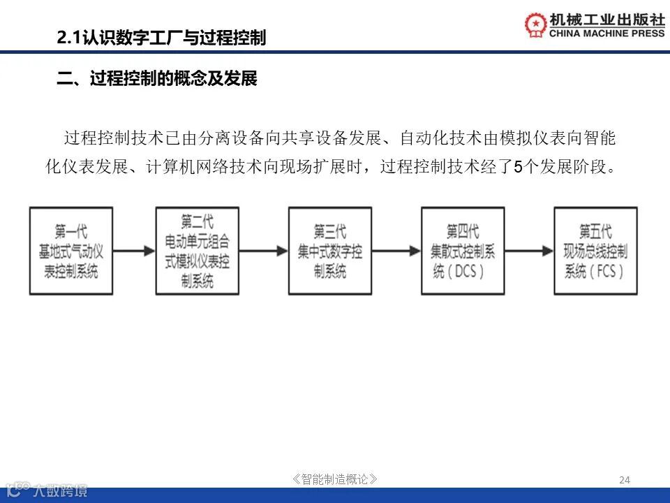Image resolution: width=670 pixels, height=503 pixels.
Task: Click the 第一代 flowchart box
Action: point(70,250)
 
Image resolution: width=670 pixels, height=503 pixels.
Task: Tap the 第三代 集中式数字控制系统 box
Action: point(329,250)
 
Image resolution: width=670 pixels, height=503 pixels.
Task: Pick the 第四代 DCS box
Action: point(463,250)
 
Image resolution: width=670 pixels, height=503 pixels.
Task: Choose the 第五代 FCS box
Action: point(595,250)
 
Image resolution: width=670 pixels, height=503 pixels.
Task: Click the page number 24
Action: point(625,479)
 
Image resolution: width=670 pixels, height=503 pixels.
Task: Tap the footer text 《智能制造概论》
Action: point(335,479)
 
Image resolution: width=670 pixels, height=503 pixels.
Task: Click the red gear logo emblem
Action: point(536,25)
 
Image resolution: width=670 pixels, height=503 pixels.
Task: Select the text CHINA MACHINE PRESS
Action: point(607,33)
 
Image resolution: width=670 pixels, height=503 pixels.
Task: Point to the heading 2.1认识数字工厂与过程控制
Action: point(161,38)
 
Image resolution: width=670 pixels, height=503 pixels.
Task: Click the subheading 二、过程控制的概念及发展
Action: point(157,79)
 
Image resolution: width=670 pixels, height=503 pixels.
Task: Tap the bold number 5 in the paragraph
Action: point(517,167)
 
